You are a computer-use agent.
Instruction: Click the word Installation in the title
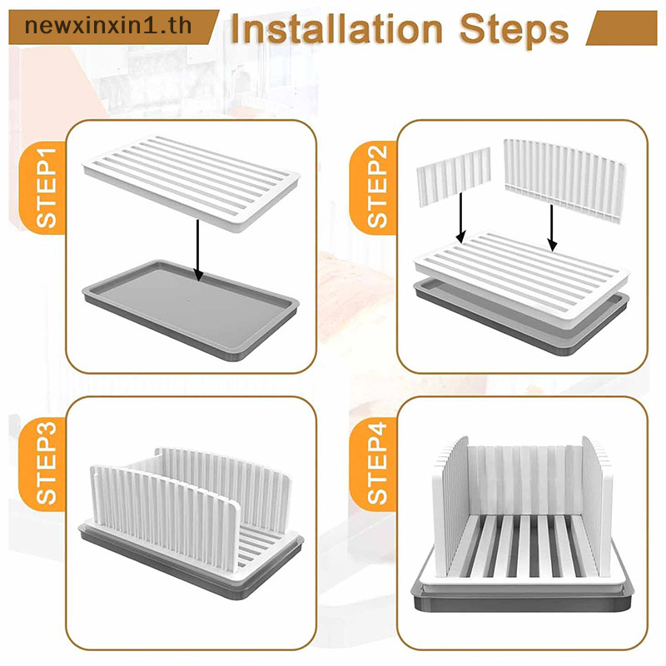point(337,29)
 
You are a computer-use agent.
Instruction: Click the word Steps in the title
point(514,30)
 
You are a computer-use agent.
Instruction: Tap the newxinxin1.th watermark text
point(108,26)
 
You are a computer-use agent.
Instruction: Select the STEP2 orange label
point(373,188)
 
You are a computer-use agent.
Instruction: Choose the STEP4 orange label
point(373,464)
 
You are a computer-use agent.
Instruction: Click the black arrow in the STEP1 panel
point(198,251)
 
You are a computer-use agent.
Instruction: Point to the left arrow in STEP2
point(461,217)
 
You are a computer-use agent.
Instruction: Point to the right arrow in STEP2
point(552,227)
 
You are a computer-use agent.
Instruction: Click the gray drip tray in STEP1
point(191,311)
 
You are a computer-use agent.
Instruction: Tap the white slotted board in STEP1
point(192,183)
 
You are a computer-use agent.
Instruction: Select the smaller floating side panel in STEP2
point(454,176)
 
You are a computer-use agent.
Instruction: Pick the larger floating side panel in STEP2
point(565,180)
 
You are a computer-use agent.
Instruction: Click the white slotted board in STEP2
point(522,281)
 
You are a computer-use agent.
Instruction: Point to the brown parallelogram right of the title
point(621,27)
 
